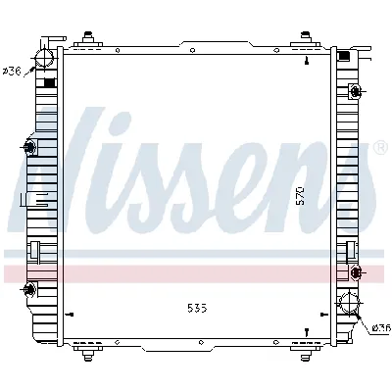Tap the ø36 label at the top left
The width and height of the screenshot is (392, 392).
click(14, 71)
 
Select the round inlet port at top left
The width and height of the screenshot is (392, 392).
click(43, 62)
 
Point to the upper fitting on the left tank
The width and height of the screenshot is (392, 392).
click(29, 148)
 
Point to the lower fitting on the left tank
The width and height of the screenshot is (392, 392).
click(29, 289)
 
